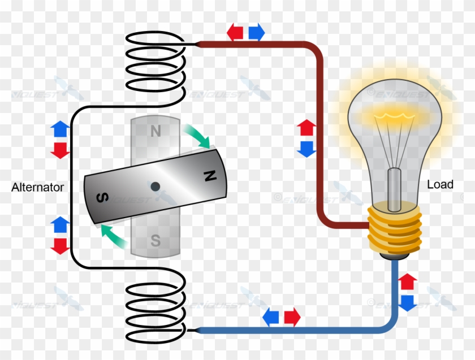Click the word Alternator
coord(37,188)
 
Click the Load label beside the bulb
coord(440,185)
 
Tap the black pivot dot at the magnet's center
coord(154,185)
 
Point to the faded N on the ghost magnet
coord(155,131)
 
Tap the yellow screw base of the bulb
coord(395,229)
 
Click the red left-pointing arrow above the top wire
coord(235,32)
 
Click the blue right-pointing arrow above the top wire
coord(256,32)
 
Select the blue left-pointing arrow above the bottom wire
coord(271,318)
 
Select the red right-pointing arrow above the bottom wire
coord(292,318)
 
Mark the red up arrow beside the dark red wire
coord(306,128)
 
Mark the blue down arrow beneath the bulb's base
coord(407,302)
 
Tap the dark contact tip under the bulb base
coord(395,256)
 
